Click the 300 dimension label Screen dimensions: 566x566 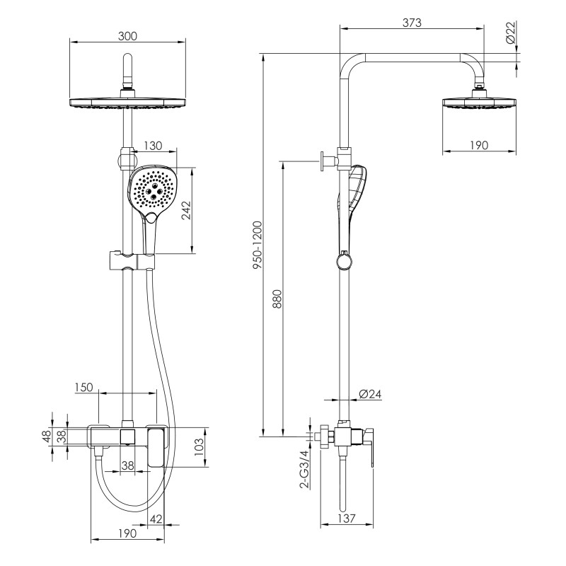click(x=127, y=36)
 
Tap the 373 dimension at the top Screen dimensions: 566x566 click(x=412, y=23)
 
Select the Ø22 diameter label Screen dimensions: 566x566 click(x=510, y=33)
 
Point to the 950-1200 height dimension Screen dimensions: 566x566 click(x=258, y=245)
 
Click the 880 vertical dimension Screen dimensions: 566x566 click(x=277, y=299)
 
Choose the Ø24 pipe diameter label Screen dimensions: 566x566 click(x=370, y=394)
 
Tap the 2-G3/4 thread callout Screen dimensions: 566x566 click(x=305, y=469)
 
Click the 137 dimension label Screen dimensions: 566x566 click(x=347, y=519)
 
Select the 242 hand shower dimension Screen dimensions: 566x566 click(x=187, y=210)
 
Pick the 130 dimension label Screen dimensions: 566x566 click(x=153, y=146)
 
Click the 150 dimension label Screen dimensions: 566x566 click(x=84, y=387)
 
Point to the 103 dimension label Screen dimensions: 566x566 click(x=200, y=447)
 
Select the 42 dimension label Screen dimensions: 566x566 click(x=156, y=519)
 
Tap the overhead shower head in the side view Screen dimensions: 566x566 click(x=480, y=102)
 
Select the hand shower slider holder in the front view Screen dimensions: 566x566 click(x=131, y=261)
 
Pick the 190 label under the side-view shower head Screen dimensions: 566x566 click(x=479, y=145)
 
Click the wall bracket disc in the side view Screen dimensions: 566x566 click(x=322, y=161)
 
